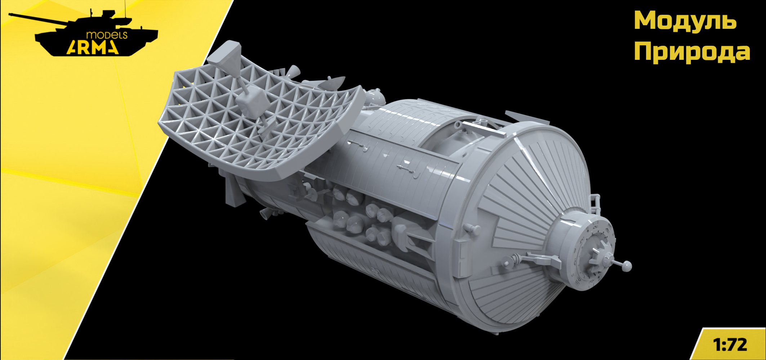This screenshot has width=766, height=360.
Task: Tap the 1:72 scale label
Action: click(730, 345)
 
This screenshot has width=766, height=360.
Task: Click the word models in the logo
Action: click(107, 35)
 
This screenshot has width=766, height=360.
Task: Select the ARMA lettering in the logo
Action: click(93, 47)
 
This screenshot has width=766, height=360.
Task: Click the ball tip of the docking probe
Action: click(627, 266)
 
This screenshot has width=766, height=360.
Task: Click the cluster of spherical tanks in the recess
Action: click(364, 220)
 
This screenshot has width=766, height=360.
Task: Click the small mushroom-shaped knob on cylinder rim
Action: click(473, 228)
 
